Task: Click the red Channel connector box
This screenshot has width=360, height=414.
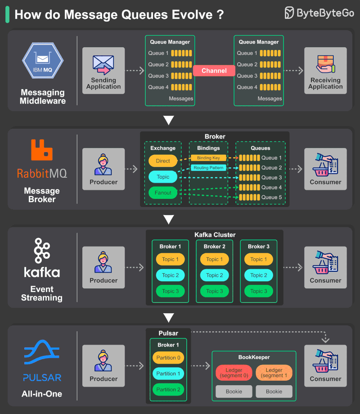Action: (x=214, y=71)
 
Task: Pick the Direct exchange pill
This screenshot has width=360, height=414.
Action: (x=163, y=161)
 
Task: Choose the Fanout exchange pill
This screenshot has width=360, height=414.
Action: (x=163, y=193)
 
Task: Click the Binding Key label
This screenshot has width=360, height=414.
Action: (x=208, y=158)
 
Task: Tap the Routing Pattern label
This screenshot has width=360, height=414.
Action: (x=208, y=168)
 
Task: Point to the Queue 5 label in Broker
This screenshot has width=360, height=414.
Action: (x=272, y=197)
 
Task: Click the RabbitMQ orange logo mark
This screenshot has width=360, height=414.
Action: (x=42, y=150)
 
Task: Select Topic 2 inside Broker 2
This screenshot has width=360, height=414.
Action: (x=215, y=275)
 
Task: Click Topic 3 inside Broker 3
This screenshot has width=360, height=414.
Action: (x=259, y=291)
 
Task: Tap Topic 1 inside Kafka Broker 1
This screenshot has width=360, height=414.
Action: (x=171, y=259)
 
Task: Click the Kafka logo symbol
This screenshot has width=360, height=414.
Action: (x=42, y=251)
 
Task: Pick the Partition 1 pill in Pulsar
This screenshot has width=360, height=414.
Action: (x=168, y=373)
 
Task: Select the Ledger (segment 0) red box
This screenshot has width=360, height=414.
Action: (x=234, y=373)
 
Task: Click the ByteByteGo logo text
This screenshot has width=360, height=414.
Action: (x=325, y=13)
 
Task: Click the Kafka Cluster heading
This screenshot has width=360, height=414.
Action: (x=215, y=234)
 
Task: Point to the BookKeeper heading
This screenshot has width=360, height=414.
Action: (x=254, y=357)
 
